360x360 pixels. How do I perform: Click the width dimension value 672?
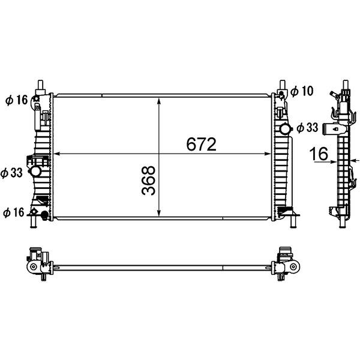pos(201,145)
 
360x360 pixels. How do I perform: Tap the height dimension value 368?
pos(149,181)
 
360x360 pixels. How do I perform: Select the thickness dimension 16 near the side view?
pos(319,154)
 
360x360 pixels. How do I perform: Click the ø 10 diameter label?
pos(302,91)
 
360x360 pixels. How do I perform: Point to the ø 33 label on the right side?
pos(307,128)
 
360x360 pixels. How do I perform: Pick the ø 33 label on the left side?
pos(11,173)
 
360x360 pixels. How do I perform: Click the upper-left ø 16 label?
pos(17,100)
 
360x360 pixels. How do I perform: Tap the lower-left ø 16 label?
pos(14,212)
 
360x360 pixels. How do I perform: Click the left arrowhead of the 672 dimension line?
pos(56,154)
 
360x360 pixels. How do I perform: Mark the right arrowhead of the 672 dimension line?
pos(268,154)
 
